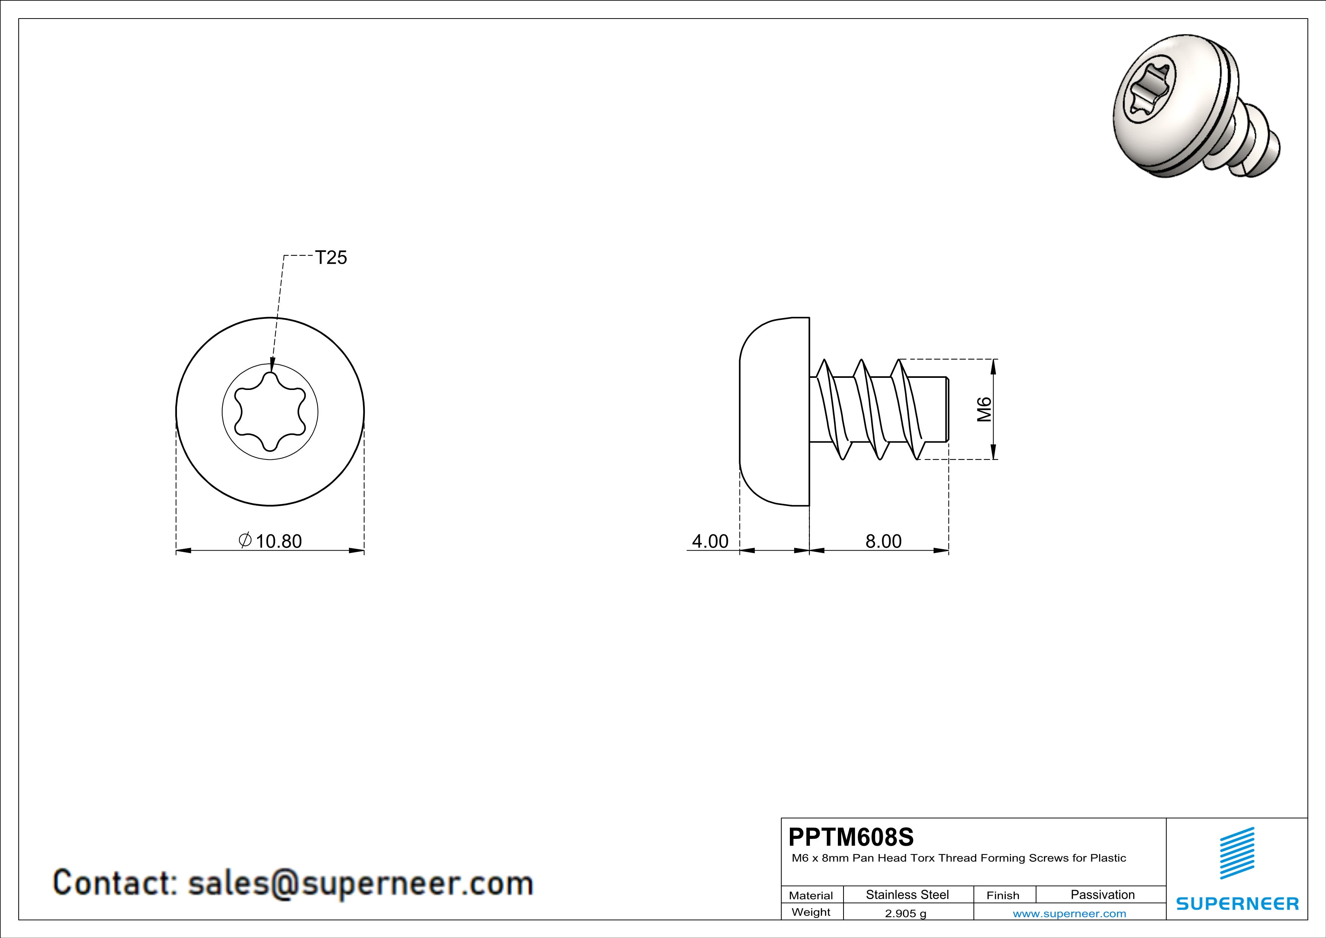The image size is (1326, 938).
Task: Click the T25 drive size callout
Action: pos(331,257)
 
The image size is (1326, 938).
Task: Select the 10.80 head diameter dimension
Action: pos(278,541)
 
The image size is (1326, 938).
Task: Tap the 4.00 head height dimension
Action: pos(710,541)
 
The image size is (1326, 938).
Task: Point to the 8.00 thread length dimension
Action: pos(883,541)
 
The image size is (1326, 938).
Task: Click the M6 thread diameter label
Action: pos(984,410)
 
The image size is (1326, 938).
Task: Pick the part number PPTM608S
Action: pos(851,837)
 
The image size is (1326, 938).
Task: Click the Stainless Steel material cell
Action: pos(907,895)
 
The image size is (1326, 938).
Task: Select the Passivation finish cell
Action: pos(1103,895)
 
